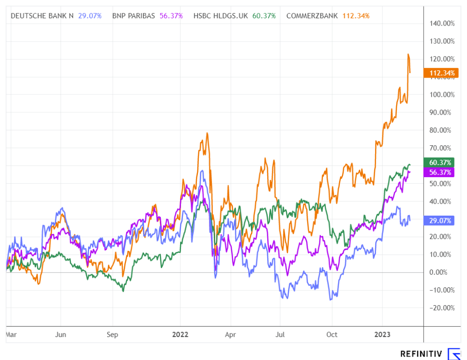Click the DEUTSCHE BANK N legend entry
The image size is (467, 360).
42,16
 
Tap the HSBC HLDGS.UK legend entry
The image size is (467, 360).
221,16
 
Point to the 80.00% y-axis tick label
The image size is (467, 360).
442,130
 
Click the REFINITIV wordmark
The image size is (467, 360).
421,354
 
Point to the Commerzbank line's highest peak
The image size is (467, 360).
408,54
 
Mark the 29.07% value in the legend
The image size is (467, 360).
90,16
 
